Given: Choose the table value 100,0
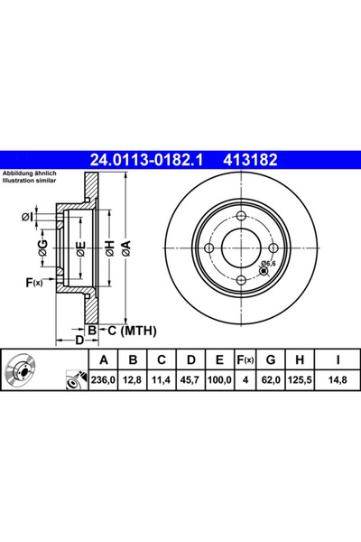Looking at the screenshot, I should [x=218, y=380].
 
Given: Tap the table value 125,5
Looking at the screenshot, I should [x=299, y=380].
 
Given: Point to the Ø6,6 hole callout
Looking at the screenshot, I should [x=267, y=264].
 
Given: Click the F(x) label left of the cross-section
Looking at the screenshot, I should [x=32, y=284].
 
